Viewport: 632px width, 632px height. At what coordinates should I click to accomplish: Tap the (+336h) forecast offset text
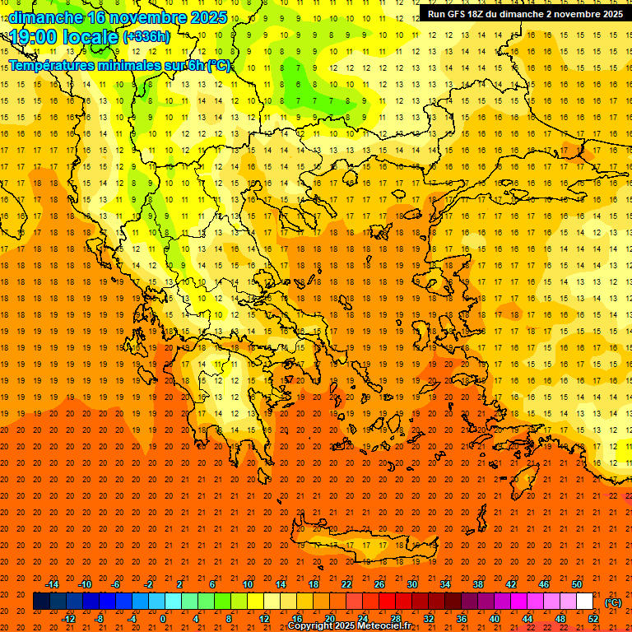tap(146, 36)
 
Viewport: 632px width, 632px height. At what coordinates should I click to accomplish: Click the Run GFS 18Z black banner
tap(524, 13)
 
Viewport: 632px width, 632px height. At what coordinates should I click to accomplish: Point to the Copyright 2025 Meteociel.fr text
tap(349, 626)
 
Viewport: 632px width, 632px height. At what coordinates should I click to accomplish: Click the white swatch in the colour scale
tap(585, 602)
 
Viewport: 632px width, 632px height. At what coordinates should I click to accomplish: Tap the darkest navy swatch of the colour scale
tap(41, 602)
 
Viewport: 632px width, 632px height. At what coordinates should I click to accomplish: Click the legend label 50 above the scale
tap(577, 584)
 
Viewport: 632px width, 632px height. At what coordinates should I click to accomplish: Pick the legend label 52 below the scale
tap(593, 619)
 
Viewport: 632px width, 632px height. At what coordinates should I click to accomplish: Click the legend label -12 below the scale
tap(68, 619)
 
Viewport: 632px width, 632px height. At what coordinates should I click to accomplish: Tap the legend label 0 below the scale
tap(163, 619)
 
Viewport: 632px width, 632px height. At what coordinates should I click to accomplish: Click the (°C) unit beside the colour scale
tap(613, 602)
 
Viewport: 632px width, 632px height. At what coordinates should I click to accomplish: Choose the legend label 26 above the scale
tap(379, 584)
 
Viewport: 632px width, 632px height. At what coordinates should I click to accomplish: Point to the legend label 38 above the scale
tap(478, 584)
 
